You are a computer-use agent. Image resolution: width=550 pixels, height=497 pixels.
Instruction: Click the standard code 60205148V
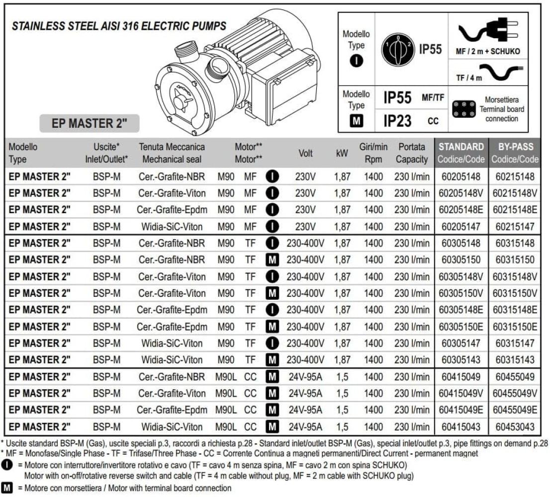(x=461, y=193)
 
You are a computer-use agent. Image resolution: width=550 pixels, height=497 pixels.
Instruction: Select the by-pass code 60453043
(x=515, y=426)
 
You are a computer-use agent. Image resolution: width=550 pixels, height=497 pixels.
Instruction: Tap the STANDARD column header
(x=461, y=147)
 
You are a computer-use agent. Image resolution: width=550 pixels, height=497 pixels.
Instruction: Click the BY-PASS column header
(x=515, y=147)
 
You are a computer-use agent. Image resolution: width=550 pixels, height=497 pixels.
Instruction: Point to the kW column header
(x=342, y=153)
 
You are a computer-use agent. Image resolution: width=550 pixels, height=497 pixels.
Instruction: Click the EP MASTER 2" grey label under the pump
(x=90, y=123)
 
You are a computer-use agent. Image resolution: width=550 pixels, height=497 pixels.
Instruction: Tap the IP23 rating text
(x=397, y=120)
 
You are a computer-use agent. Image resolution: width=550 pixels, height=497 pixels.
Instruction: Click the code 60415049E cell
(x=461, y=410)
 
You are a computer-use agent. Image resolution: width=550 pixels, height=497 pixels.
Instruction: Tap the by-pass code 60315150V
(x=515, y=293)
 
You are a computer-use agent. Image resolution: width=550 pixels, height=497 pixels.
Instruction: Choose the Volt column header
(x=305, y=153)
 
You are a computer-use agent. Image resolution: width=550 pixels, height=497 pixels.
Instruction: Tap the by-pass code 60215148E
(x=515, y=210)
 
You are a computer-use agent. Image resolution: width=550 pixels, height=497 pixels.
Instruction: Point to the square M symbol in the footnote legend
(x=7, y=488)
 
